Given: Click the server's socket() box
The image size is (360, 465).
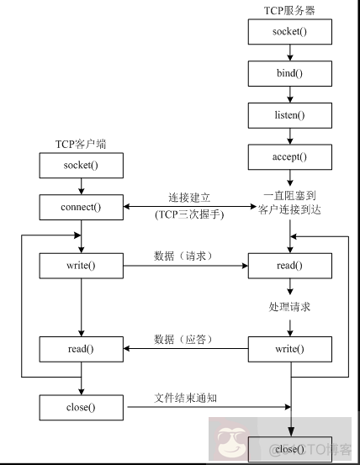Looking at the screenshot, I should pos(289,32).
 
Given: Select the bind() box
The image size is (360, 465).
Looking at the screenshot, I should pos(289,73).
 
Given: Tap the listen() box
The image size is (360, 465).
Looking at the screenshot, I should pos(289,114).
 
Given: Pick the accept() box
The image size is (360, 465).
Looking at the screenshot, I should pos(289,156).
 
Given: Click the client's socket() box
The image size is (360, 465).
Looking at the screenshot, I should pos(81,165).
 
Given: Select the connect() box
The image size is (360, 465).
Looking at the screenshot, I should pos(81,206).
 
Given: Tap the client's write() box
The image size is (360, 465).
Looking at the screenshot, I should pos(81,267).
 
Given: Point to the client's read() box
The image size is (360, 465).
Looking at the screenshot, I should pos(81,347).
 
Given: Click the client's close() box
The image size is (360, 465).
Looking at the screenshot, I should pos(81,408).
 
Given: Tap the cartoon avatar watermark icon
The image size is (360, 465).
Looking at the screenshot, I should pos(229,441).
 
